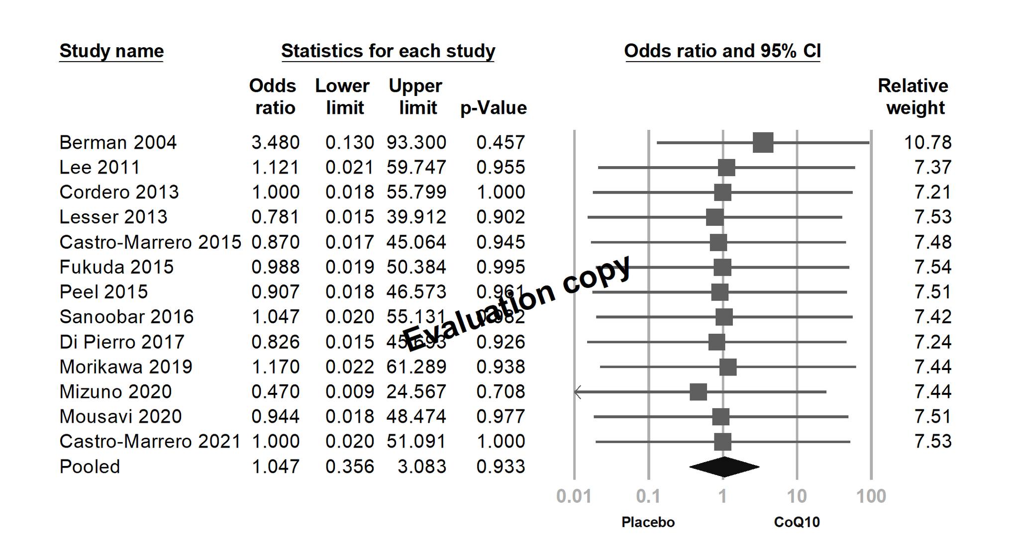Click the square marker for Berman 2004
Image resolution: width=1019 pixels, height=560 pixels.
(x=763, y=143)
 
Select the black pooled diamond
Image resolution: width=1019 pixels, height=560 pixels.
(x=724, y=467)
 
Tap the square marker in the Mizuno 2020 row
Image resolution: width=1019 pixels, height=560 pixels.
(x=698, y=392)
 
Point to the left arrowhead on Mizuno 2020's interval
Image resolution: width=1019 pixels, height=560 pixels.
(x=577, y=392)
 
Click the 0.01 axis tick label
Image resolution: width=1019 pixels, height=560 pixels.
(x=574, y=496)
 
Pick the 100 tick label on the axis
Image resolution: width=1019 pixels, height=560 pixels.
(x=871, y=496)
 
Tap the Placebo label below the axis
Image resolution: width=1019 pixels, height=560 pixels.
(x=648, y=522)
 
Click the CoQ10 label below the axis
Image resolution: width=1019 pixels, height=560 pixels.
(x=797, y=522)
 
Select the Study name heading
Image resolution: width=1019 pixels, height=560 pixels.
(x=111, y=51)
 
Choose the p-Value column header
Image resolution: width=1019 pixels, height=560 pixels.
(x=493, y=108)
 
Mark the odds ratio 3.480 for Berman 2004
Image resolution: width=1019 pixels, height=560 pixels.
(x=275, y=143)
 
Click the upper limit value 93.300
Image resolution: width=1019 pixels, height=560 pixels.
(x=416, y=143)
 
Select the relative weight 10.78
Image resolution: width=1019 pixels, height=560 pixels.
(x=927, y=143)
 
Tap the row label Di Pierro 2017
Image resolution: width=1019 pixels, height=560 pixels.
(x=122, y=342)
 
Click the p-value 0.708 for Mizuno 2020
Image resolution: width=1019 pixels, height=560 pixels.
(x=501, y=392)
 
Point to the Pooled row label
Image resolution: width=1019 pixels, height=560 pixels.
(x=90, y=467)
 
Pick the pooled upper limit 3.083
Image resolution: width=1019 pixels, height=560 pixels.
(x=421, y=467)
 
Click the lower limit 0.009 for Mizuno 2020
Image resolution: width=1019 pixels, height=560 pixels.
(x=349, y=392)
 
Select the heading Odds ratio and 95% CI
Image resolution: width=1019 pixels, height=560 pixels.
(x=722, y=51)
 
